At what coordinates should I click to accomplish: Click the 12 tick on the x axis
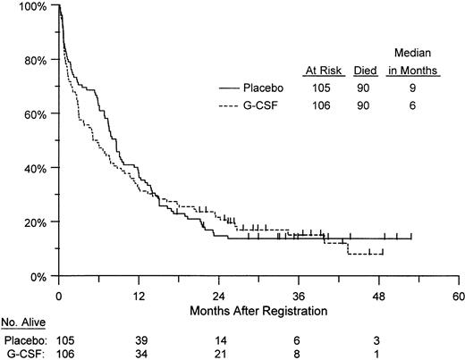(139, 295)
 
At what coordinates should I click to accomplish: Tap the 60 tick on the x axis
(458, 295)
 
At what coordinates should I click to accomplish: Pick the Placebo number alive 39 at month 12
(139, 340)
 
